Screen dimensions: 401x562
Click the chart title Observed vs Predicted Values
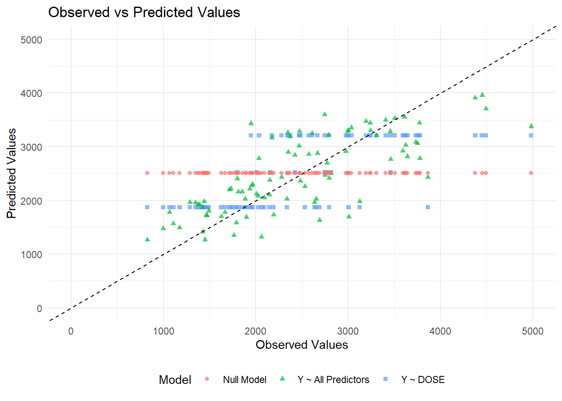[144, 13]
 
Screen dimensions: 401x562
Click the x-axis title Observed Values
[302, 345]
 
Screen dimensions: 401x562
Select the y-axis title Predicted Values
[12, 173]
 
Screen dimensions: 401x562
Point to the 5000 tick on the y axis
[31, 40]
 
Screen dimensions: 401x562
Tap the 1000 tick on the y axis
[31, 255]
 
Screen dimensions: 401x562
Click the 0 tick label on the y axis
[39, 309]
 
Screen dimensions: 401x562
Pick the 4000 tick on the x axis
[440, 332]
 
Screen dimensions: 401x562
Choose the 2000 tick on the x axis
[255, 332]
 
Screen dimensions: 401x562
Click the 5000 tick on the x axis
[533, 332]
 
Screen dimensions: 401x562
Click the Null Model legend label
[245, 380]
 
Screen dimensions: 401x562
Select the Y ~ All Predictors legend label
[333, 380]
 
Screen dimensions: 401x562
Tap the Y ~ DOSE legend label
[423, 380]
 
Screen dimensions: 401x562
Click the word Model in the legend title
[175, 380]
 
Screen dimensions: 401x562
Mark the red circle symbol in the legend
[207, 379]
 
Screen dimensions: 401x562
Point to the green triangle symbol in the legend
[282, 379]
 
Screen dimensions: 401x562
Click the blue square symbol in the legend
[386, 379]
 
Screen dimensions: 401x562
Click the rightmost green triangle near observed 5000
[531, 126]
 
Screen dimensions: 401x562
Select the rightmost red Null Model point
[531, 173]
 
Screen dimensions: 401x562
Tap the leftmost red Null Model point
[147, 173]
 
